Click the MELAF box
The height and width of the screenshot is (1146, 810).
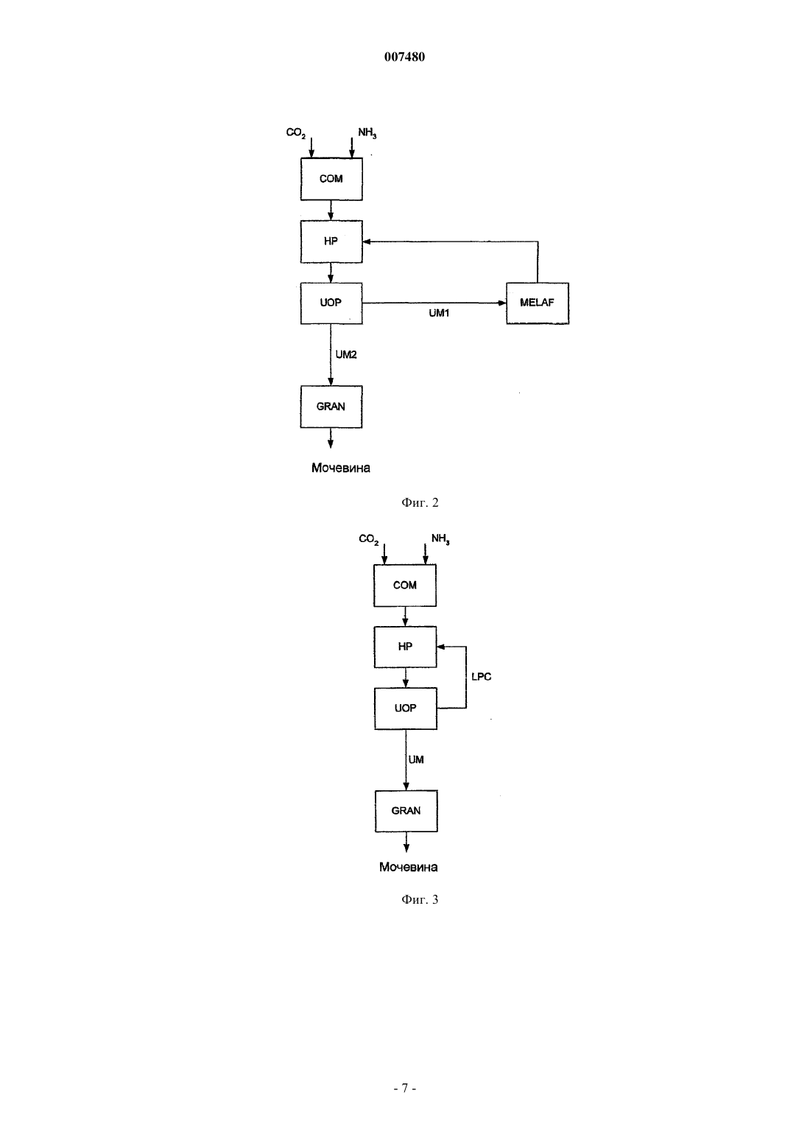point(538,303)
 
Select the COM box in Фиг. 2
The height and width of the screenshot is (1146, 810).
point(331,178)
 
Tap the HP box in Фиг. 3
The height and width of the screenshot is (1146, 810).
point(405,647)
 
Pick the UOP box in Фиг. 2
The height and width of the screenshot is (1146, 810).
point(331,303)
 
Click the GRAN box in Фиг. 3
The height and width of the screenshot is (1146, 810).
point(406,811)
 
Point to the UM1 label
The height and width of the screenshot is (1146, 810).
point(439,313)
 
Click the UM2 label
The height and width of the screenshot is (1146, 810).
point(346,354)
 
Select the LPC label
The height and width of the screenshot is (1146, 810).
point(481,676)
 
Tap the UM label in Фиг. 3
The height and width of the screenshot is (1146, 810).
point(416,760)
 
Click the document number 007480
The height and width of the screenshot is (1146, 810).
point(404,57)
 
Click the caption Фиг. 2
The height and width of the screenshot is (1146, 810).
point(420,502)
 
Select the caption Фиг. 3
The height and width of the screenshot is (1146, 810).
point(420,914)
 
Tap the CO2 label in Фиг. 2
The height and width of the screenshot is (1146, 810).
point(295,133)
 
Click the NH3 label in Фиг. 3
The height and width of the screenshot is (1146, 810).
point(440,539)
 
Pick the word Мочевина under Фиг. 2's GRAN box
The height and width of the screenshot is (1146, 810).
point(340,468)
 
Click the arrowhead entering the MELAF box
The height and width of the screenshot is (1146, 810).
point(502,303)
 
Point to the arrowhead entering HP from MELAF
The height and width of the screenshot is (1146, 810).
point(367,242)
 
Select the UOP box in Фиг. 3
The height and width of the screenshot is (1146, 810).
point(406,709)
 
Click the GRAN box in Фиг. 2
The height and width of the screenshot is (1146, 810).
point(331,407)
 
